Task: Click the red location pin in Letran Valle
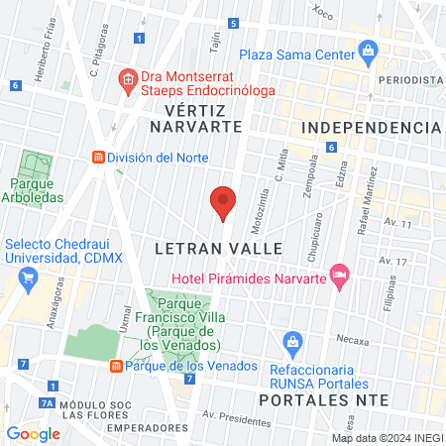pyautogui.click(x=223, y=202)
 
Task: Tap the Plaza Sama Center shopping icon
pyautogui.click(x=369, y=50)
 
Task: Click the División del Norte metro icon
pyautogui.click(x=98, y=157)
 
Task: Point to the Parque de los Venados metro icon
pyautogui.click(x=116, y=366)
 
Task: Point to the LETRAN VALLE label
pyautogui.click(x=219, y=248)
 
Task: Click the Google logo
pyautogui.click(x=33, y=433)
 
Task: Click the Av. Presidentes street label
pyautogui.click(x=236, y=417)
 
